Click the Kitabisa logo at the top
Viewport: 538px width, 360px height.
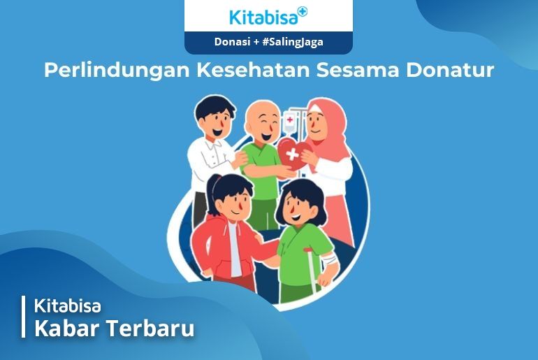(x=268, y=16)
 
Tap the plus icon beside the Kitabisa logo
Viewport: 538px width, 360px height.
(x=303, y=11)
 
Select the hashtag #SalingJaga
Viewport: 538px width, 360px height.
(x=293, y=42)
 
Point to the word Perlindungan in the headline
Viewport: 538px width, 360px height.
(x=117, y=71)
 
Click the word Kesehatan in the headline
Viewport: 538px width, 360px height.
(x=253, y=70)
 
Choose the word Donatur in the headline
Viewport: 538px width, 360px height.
(x=450, y=70)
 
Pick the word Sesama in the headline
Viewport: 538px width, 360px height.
(x=358, y=71)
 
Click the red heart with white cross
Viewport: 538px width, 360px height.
(x=293, y=154)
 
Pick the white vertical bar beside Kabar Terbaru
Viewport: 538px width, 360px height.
(x=23, y=317)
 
